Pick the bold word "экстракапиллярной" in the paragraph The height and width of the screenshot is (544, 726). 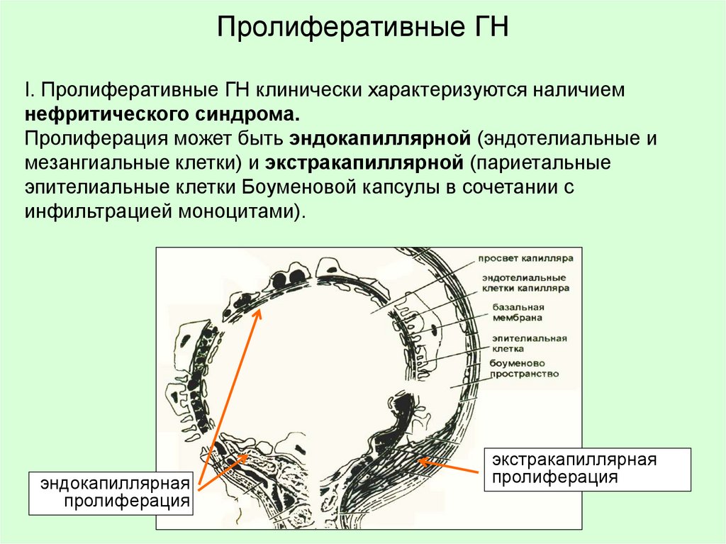pos(364,163)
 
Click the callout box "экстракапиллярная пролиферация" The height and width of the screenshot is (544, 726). pos(586,468)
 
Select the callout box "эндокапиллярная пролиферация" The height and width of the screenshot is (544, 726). pos(112,492)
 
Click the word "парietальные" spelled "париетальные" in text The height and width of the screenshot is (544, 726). pos(544,163)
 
